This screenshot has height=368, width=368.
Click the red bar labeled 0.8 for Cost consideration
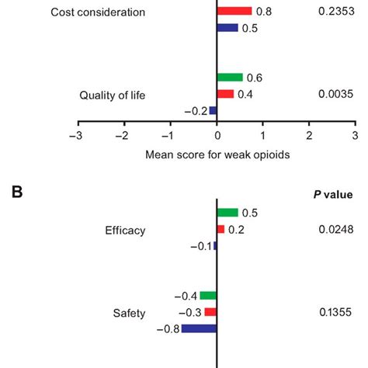click(234, 12)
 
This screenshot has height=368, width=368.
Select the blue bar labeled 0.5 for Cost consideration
click(227, 28)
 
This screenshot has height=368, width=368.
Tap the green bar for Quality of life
click(230, 78)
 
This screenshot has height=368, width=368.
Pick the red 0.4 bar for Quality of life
click(225, 94)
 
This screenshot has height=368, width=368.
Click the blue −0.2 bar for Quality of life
click(213, 110)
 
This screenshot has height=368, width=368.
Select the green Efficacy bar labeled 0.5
click(227, 213)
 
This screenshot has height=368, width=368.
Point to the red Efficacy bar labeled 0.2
click(220, 229)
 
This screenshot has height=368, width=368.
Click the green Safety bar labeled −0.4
click(208, 296)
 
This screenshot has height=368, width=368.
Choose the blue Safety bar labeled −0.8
click(199, 328)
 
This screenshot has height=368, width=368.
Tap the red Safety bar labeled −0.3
click(210, 312)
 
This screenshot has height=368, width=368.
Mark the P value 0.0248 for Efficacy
click(333, 229)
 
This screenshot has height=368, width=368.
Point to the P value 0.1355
click(333, 312)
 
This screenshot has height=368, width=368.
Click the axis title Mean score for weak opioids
click(217, 154)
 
